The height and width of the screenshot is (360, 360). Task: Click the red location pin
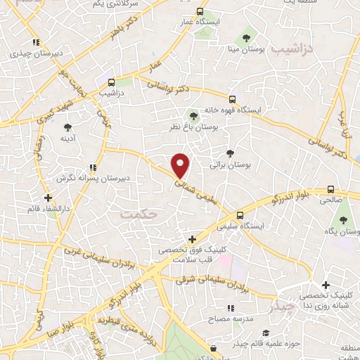(181, 165)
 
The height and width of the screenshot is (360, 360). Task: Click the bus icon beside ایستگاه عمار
(200, 12)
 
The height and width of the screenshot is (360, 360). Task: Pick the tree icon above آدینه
(67, 127)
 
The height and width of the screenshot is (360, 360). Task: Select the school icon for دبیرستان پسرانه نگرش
(94, 167)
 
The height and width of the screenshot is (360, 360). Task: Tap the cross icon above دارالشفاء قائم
(48, 198)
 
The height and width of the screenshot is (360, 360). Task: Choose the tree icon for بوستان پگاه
(343, 219)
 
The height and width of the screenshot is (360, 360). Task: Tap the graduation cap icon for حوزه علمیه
(266, 333)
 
